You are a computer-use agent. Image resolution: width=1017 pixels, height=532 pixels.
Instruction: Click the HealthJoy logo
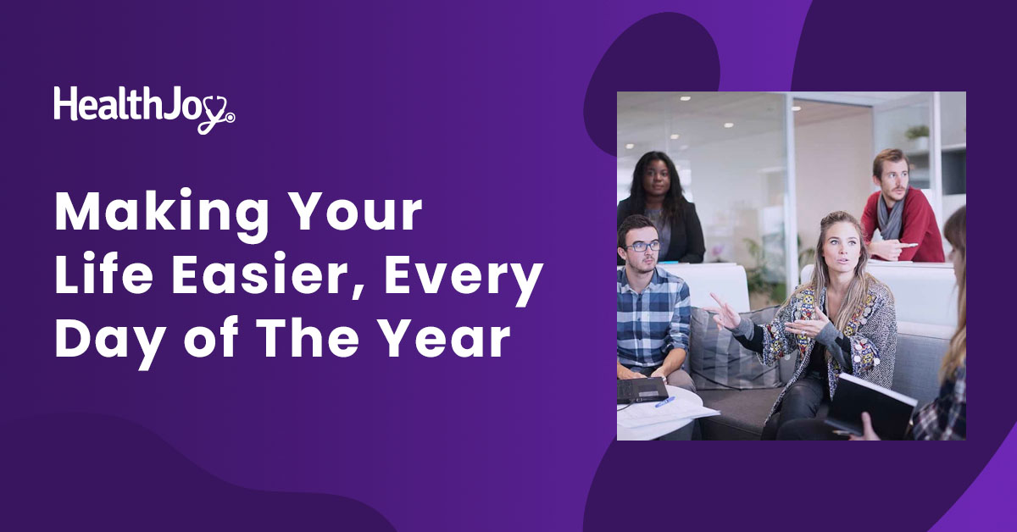click(x=144, y=109)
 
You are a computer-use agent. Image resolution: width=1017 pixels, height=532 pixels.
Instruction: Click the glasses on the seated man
click(x=642, y=247)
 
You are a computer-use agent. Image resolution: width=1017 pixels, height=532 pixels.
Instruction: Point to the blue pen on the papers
click(x=664, y=402)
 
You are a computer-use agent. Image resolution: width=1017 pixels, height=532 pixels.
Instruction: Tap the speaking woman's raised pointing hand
click(x=723, y=312)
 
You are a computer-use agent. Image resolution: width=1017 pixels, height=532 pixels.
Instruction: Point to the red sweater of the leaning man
click(x=903, y=226)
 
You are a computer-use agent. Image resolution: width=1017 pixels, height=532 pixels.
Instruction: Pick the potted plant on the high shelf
click(x=917, y=136)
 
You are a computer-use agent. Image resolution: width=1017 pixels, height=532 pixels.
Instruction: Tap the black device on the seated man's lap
click(x=641, y=390)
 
